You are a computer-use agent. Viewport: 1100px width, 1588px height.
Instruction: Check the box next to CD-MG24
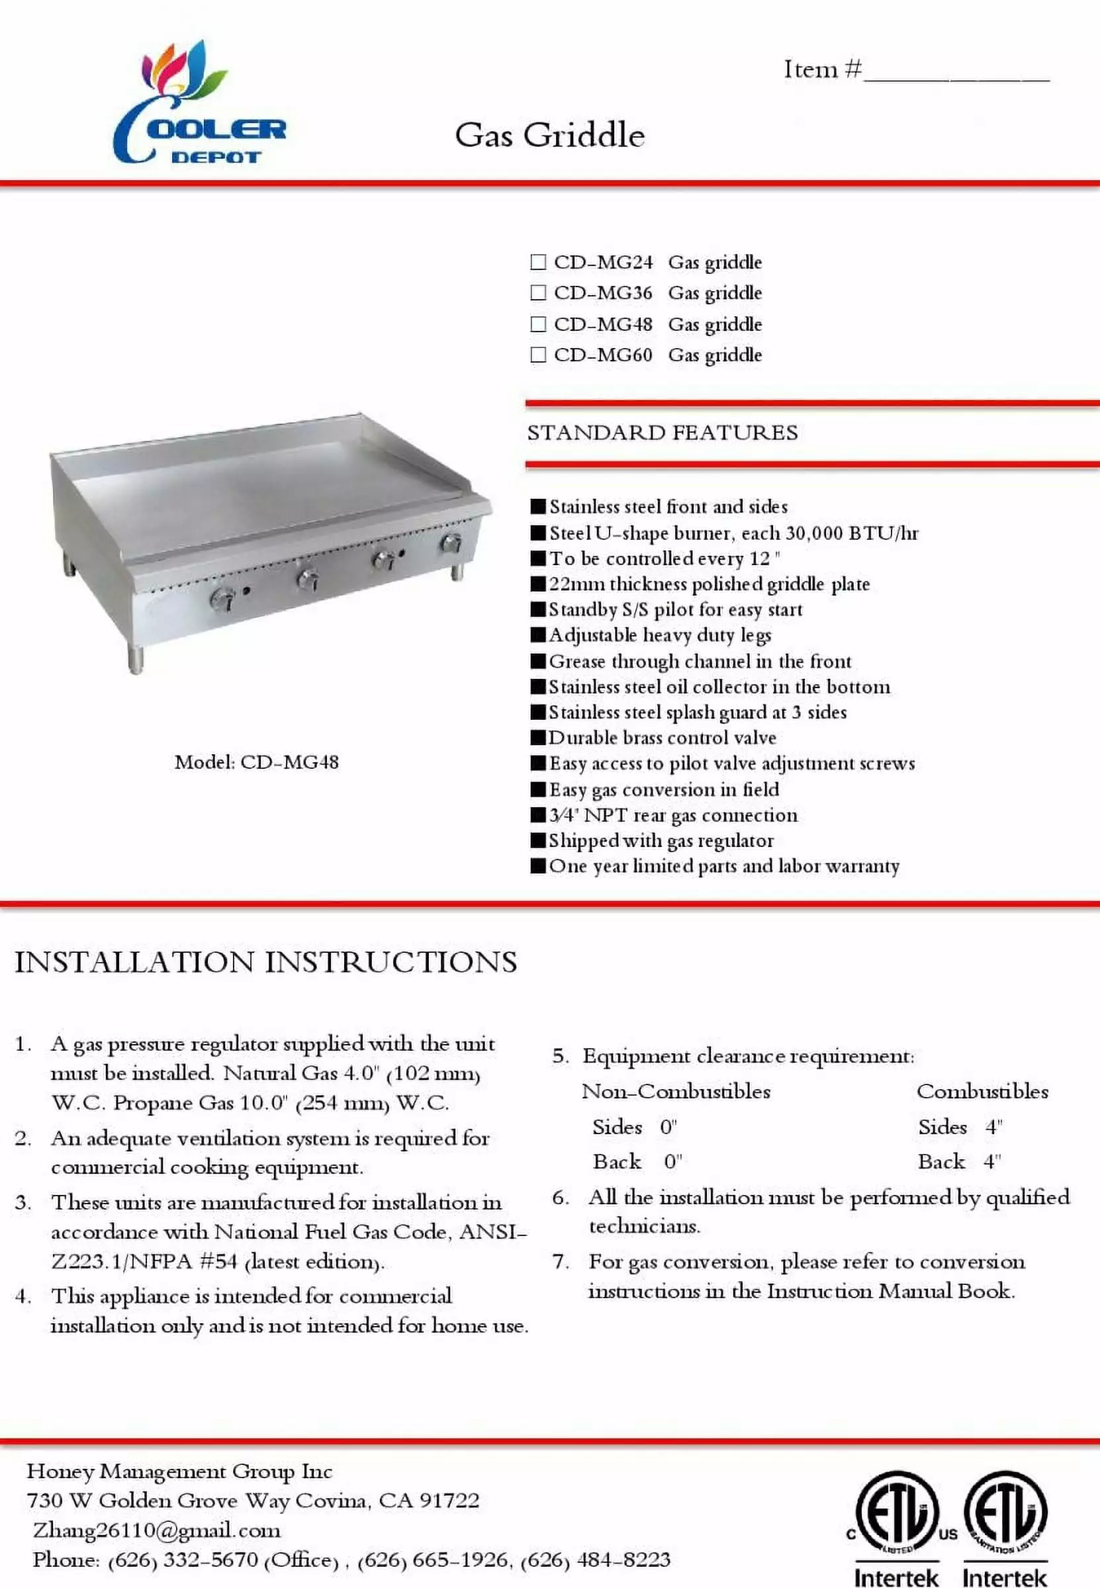(537, 262)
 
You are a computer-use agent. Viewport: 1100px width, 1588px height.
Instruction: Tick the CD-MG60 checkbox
(537, 355)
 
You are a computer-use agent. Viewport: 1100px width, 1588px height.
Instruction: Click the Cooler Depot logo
(199, 103)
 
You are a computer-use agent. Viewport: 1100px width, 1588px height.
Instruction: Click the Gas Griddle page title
(549, 135)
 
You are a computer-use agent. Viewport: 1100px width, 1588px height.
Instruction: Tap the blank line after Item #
(956, 72)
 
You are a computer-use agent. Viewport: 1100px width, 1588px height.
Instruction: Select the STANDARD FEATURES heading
(663, 433)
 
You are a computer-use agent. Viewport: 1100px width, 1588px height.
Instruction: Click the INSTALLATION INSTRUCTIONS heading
(265, 962)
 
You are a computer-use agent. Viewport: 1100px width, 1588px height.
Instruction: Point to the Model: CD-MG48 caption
(256, 762)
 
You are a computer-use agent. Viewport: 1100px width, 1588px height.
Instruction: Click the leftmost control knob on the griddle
(222, 599)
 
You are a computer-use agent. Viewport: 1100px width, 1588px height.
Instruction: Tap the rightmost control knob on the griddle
(451, 544)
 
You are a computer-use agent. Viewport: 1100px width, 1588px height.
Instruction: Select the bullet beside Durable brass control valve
(538, 738)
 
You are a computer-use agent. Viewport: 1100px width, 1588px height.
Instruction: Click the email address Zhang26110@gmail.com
(156, 1530)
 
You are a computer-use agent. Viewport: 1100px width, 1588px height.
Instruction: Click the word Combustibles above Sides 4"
(982, 1091)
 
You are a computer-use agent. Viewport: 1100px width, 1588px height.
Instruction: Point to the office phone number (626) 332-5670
(183, 1560)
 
